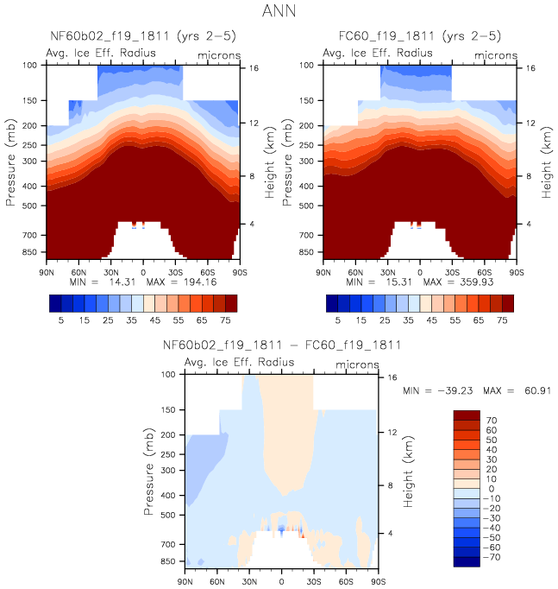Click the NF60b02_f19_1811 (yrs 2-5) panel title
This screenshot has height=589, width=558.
click(x=143, y=38)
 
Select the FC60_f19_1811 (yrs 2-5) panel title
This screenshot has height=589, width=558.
click(x=419, y=38)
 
